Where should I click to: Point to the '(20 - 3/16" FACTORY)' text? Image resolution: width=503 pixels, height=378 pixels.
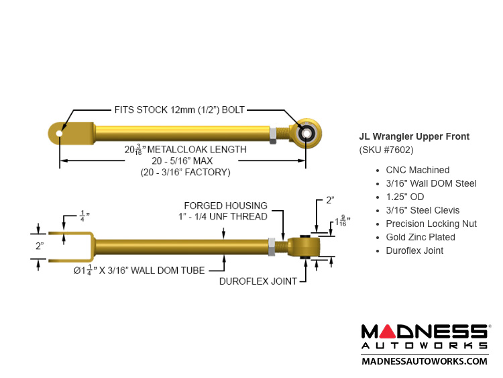(x=185, y=172)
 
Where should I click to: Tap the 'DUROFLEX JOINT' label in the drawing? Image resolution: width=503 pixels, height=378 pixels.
(x=258, y=281)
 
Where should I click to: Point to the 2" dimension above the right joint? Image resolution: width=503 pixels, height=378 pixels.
(x=329, y=200)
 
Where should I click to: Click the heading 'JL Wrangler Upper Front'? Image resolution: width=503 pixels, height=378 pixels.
(x=414, y=137)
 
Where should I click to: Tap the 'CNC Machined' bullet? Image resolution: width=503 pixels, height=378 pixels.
(x=417, y=171)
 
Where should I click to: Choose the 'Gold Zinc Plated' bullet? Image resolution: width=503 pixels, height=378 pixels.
(x=420, y=237)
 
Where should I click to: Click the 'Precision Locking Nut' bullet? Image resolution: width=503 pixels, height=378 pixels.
(x=431, y=224)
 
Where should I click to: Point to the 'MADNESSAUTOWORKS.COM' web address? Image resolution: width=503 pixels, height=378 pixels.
(x=425, y=361)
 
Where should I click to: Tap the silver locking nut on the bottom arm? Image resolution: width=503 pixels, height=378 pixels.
(x=273, y=246)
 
